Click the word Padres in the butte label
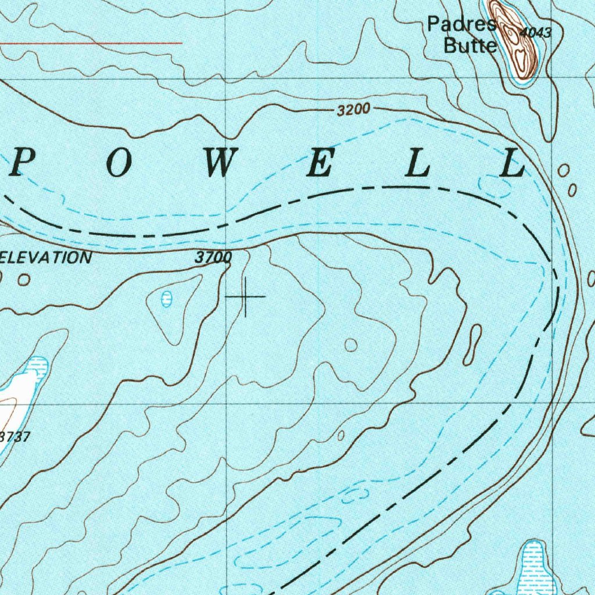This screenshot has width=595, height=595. (463, 24)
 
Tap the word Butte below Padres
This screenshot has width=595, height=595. (470, 45)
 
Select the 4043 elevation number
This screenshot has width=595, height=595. (534, 33)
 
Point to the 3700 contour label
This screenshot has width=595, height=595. (213, 257)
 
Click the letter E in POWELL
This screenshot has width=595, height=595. (320, 166)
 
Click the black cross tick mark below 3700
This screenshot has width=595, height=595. (245, 297)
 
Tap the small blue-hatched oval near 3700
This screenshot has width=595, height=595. (167, 299)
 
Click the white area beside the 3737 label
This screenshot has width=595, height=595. (17, 395)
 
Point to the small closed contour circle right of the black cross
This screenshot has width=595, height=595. (351, 345)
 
